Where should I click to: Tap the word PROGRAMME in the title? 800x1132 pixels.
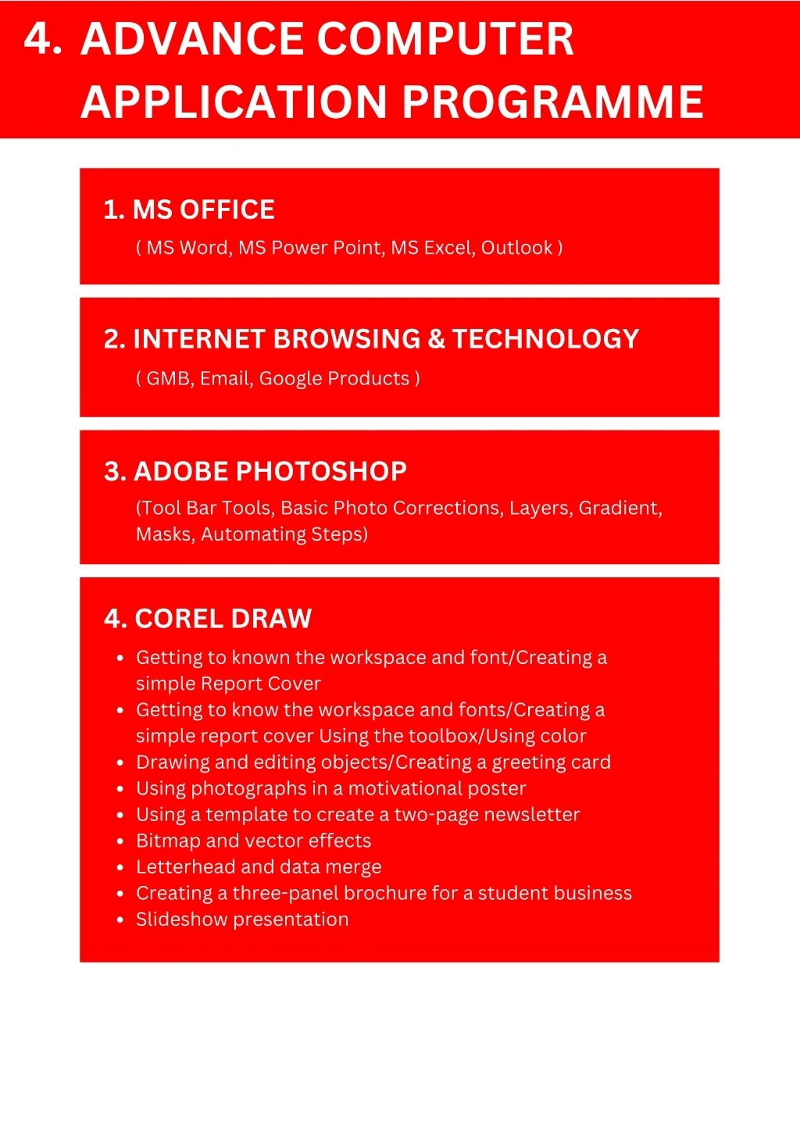pos(553,102)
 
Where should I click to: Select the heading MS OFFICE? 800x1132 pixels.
pos(203,209)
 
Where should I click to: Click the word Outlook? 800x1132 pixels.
pos(516,248)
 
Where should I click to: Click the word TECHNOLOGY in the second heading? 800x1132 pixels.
pos(545,338)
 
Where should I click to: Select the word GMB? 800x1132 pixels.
pos(169,378)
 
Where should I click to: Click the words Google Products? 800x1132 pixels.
pos(334,378)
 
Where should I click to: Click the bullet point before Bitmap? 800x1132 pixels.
pos(120,841)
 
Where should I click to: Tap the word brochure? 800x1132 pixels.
pos(383,893)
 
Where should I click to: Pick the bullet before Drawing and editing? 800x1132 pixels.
pos(120,762)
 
